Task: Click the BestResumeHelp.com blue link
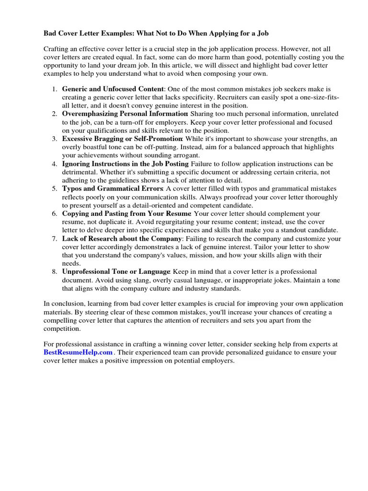[78, 352]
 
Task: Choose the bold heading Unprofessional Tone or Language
[115, 272]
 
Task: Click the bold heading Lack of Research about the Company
[122, 238]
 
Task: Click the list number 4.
[55, 164]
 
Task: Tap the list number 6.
[55, 213]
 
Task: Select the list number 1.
[55, 89]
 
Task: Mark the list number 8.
[55, 272]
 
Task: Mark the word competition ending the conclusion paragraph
[62, 329]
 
